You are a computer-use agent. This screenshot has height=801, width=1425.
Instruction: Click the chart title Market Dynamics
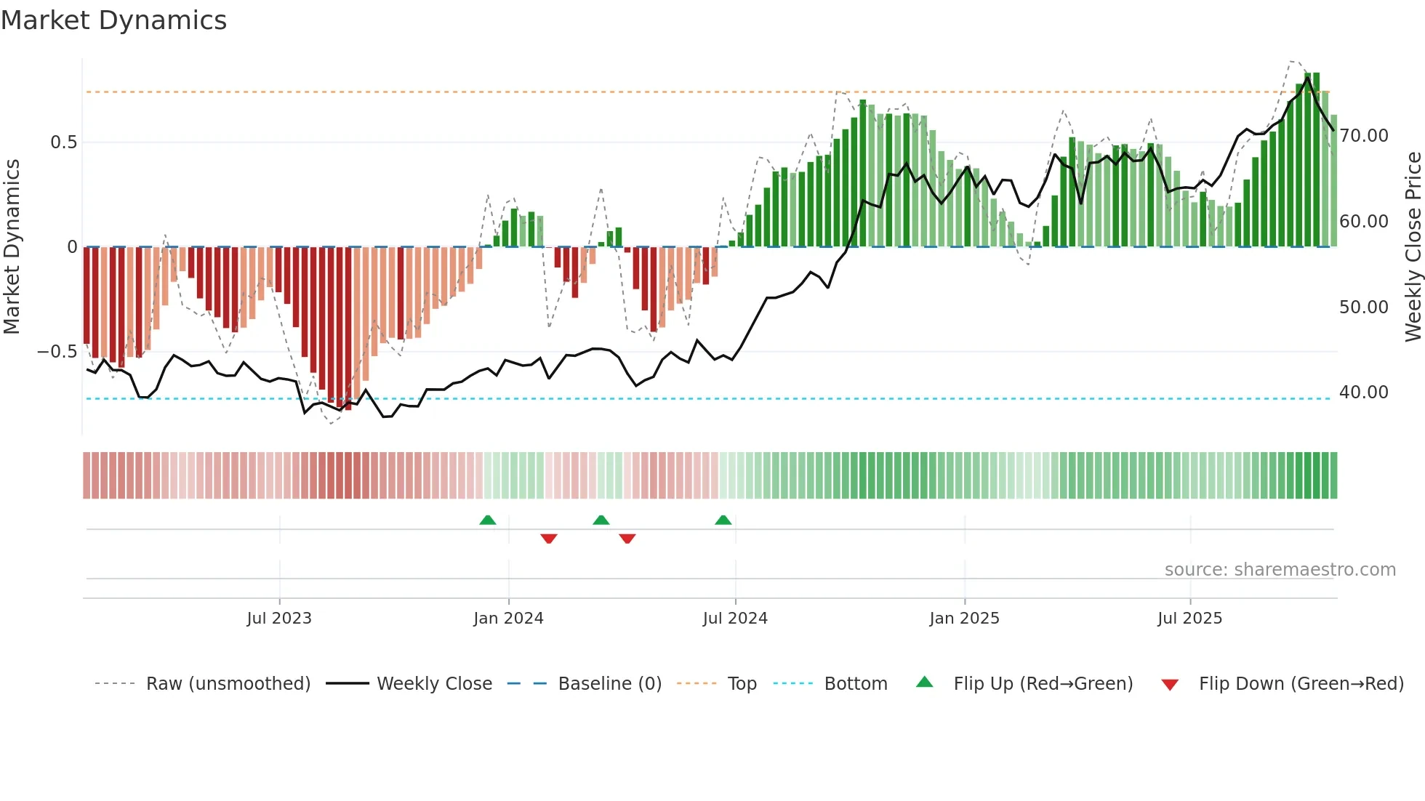click(x=113, y=20)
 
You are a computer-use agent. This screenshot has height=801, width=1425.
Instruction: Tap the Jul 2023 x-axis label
click(x=279, y=619)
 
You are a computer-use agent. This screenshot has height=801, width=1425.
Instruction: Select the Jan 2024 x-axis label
click(x=508, y=619)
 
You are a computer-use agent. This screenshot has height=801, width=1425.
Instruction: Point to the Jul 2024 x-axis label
click(x=735, y=619)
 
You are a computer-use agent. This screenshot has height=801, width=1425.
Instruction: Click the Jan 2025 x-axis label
click(x=964, y=619)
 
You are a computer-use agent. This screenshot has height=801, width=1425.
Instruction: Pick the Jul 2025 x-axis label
click(x=1189, y=619)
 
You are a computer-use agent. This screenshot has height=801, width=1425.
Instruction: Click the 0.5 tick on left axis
click(x=63, y=142)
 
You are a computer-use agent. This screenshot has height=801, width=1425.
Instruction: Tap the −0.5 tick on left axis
click(x=57, y=352)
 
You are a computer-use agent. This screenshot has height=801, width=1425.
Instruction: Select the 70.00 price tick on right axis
click(x=1363, y=136)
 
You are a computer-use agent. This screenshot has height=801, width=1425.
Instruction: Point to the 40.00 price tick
click(x=1363, y=393)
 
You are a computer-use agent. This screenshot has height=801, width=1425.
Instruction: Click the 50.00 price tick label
click(x=1363, y=307)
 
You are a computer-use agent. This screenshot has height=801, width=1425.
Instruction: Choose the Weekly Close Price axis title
click(x=1413, y=246)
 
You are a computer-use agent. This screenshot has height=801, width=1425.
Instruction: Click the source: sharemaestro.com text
click(x=1280, y=570)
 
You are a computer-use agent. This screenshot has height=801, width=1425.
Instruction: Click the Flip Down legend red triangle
click(x=1170, y=685)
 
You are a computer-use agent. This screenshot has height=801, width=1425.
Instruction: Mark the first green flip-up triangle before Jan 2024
click(x=488, y=520)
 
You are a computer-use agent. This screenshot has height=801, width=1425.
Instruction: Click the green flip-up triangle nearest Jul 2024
click(x=723, y=520)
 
